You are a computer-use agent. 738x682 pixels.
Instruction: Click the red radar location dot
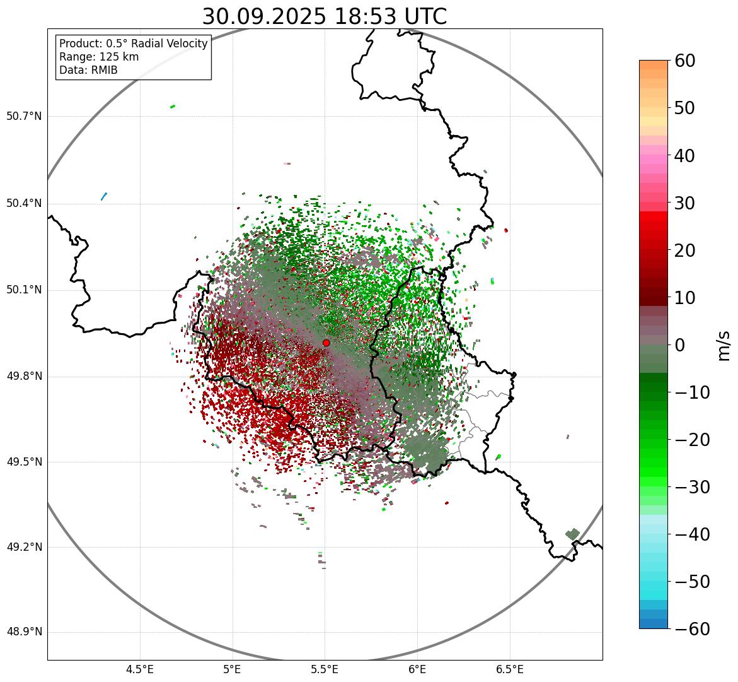326,343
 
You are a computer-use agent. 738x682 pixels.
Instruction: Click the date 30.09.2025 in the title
263,16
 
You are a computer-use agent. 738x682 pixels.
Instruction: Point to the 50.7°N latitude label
24,117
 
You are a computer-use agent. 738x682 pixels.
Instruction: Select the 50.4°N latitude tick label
24,204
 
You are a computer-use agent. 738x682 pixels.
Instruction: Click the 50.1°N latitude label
24,290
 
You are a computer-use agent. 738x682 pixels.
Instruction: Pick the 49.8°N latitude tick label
24,377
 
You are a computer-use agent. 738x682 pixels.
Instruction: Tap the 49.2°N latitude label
24,547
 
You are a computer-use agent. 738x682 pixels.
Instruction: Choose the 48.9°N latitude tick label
24,632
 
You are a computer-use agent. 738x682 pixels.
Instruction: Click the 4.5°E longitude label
140,669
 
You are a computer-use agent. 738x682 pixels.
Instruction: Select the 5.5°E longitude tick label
325,669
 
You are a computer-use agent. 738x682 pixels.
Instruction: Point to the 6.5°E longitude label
509,669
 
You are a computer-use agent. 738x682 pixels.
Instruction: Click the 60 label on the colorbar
685,61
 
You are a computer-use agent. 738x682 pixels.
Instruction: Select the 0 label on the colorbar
680,345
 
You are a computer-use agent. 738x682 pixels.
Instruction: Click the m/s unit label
724,344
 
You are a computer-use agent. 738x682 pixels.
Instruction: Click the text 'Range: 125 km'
99,57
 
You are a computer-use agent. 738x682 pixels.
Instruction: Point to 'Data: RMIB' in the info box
88,70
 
